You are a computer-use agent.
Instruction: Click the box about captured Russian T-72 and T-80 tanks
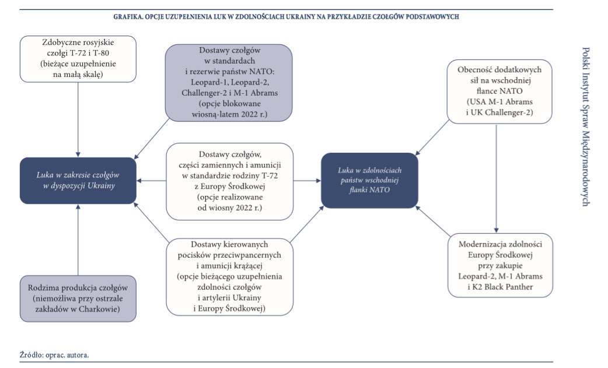coord(78,58)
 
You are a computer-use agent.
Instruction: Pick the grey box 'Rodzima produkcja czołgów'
coord(78,297)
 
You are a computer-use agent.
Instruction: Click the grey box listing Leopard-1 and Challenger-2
coord(229,83)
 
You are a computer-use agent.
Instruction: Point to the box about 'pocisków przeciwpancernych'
coord(229,276)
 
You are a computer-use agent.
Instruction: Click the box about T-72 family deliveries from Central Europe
coord(229,181)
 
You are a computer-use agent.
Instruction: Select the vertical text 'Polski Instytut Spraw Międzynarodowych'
coord(586,126)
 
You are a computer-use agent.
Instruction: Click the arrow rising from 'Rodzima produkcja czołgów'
coord(78,239)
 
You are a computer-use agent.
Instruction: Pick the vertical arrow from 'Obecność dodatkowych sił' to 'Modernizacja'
coord(496,178)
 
